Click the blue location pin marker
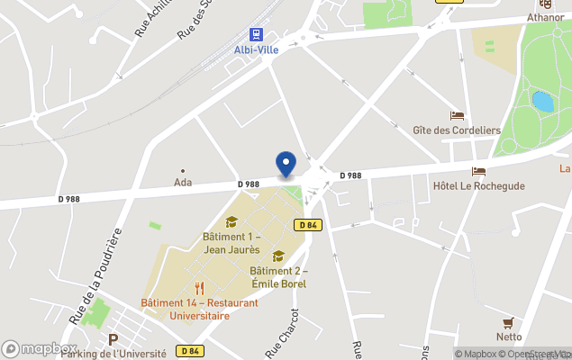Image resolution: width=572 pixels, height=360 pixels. pos(286,165)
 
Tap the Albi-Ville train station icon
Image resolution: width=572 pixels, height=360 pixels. pos(257,35)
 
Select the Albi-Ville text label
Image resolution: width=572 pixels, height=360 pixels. pos(257,49)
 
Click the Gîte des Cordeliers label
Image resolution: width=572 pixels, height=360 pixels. pos(457,130)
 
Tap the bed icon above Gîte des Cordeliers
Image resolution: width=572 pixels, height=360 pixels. pos(457,116)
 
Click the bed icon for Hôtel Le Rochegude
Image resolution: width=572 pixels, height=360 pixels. pos(478,171)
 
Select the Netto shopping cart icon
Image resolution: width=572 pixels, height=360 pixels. pos(509,322)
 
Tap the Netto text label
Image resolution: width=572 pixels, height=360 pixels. pos(509,337)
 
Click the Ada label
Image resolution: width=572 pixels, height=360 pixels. pos(183,182)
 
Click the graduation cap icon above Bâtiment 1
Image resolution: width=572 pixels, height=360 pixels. pos(232,222)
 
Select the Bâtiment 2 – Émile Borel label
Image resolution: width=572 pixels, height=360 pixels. pos(278,277)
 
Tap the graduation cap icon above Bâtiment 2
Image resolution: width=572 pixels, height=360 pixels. pos(278,256)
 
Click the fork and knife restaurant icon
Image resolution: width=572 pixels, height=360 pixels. pos(199,289)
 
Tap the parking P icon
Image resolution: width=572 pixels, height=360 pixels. pos(113,340)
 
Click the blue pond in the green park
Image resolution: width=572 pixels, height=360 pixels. pos(542,101)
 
